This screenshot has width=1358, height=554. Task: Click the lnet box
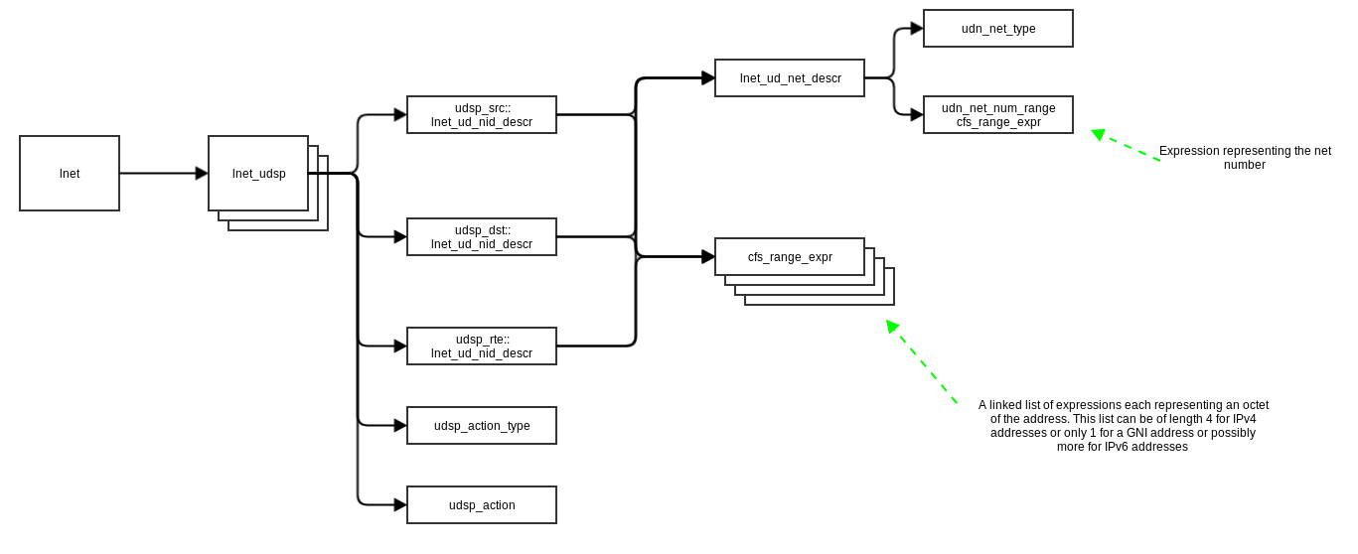(x=70, y=174)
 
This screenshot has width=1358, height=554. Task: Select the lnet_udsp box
(x=258, y=174)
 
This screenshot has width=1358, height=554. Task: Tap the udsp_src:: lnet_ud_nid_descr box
(x=482, y=115)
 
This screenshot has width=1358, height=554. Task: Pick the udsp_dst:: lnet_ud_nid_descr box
(x=482, y=237)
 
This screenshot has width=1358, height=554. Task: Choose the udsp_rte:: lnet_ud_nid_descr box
(x=482, y=346)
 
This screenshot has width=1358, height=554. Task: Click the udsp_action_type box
(x=482, y=426)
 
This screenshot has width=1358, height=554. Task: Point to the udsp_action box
(x=482, y=505)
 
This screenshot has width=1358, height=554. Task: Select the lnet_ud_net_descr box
(x=790, y=78)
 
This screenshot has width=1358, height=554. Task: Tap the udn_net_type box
(x=998, y=29)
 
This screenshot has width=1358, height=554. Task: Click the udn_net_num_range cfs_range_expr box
(x=998, y=115)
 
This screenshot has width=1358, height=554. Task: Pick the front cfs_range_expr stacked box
(x=790, y=257)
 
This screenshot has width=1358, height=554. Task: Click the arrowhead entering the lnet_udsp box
(x=202, y=174)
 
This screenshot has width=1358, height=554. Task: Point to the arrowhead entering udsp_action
(x=400, y=505)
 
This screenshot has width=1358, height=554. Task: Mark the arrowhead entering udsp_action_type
(x=400, y=426)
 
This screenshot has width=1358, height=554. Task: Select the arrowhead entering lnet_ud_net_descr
(x=708, y=78)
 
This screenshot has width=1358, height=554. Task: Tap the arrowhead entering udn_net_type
(x=917, y=29)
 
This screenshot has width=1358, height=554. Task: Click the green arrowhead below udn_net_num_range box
(x=1098, y=134)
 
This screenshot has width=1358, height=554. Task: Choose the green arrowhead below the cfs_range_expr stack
(x=892, y=326)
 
